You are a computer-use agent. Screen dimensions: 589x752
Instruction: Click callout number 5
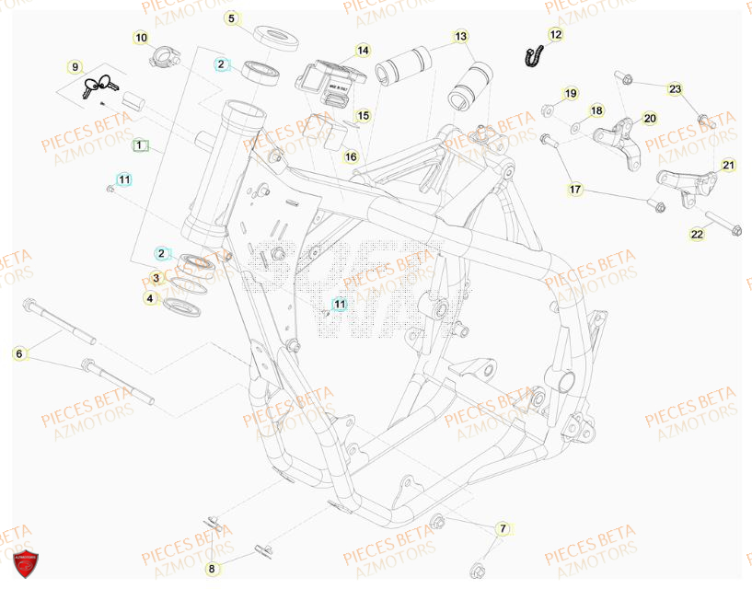(232, 17)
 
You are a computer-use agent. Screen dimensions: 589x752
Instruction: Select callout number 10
(140, 38)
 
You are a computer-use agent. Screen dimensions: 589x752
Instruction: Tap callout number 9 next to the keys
(75, 66)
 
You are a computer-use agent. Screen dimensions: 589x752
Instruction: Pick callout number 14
(363, 50)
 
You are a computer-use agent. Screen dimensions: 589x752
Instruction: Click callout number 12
(555, 34)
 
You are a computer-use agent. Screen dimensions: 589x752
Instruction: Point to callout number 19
(570, 93)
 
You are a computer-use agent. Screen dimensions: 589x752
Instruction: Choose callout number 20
(650, 118)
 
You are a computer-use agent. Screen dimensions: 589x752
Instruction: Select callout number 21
(728, 166)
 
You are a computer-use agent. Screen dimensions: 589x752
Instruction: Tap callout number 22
(697, 235)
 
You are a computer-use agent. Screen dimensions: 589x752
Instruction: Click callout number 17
(575, 190)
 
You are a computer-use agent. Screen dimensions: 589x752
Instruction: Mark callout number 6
(17, 352)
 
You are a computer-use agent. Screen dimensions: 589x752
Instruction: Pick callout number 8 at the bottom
(211, 569)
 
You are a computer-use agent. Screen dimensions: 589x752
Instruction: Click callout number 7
(503, 529)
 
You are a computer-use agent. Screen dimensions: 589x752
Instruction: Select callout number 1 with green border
(139, 144)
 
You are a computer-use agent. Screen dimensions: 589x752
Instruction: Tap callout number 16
(351, 156)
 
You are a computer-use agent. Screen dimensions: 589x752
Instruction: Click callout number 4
(149, 298)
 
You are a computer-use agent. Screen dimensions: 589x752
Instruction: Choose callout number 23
(675, 89)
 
